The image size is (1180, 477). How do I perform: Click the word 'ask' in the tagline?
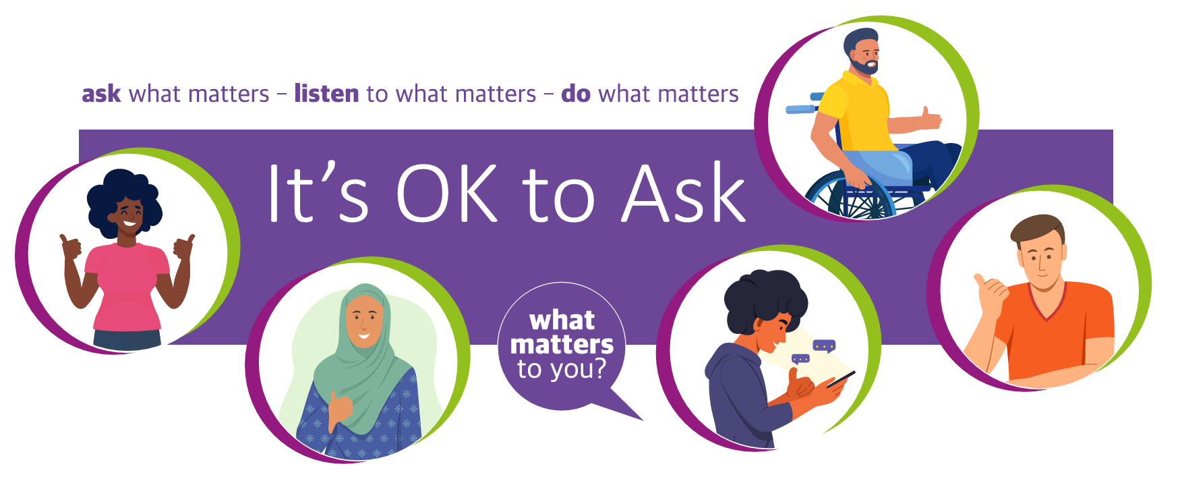(101, 94)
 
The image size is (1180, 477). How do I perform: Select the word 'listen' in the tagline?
(326, 93)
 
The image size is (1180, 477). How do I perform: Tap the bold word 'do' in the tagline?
(575, 93)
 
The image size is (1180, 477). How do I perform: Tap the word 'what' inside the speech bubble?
(562, 320)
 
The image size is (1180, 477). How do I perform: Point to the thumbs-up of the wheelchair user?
(931, 119)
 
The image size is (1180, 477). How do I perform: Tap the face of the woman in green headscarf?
(364, 321)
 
